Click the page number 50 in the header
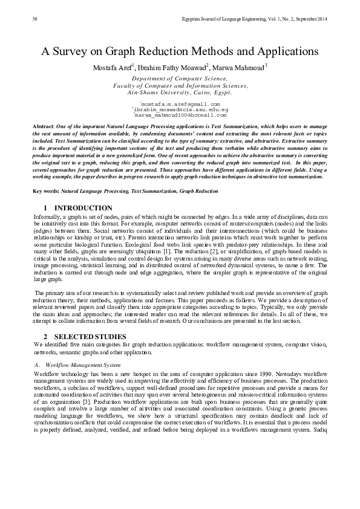(34, 20)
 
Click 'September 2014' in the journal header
(309, 20)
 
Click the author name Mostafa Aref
(113, 66)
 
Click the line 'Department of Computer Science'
(180, 79)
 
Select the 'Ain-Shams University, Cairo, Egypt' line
(180, 92)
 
